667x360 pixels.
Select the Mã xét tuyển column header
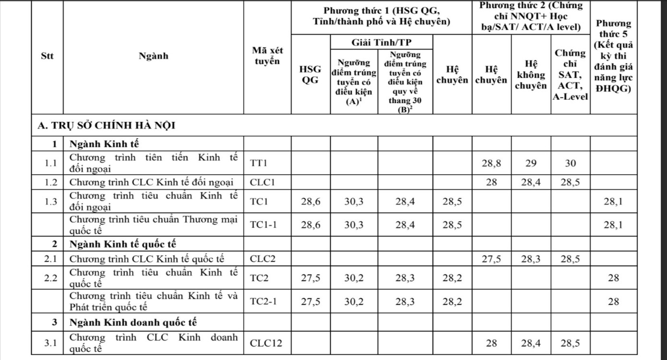pos(267,56)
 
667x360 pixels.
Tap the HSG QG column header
pos(310,74)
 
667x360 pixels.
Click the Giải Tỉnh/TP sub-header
pos(381,42)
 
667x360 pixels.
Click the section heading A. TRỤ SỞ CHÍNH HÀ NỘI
pos(107,126)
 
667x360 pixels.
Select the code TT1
pos(259,163)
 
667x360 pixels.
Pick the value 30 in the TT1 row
pos(570,163)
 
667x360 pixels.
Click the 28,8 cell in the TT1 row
pos(491,163)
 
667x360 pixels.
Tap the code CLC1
pos(262,182)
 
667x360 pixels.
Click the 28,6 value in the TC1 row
pos(310,202)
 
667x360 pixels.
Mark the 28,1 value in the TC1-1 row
pos(613,226)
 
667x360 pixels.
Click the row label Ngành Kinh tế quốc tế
pos(123,244)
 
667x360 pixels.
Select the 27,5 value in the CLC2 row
pos(491,259)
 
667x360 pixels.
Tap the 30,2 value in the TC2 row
pos(354,278)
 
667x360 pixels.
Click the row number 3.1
pos(50,343)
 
